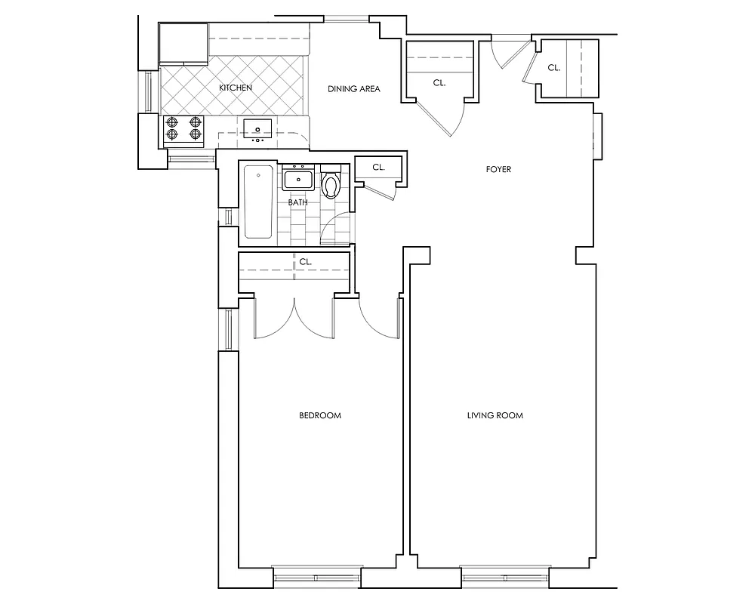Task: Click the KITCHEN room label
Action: [235, 88]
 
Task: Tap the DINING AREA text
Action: [353, 89]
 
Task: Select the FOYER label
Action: [498, 169]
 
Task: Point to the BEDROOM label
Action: [320, 415]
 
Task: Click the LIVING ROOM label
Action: [495, 415]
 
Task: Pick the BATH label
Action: [297, 202]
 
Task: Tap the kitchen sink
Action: [257, 128]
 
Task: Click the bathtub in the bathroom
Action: [257, 201]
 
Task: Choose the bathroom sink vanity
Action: [298, 180]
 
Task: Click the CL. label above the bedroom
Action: [306, 261]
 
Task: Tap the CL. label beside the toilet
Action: [378, 168]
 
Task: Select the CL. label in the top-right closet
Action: [553, 67]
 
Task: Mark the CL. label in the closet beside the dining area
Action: [439, 83]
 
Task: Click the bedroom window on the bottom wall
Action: [316, 578]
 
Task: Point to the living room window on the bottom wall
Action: [504, 578]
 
